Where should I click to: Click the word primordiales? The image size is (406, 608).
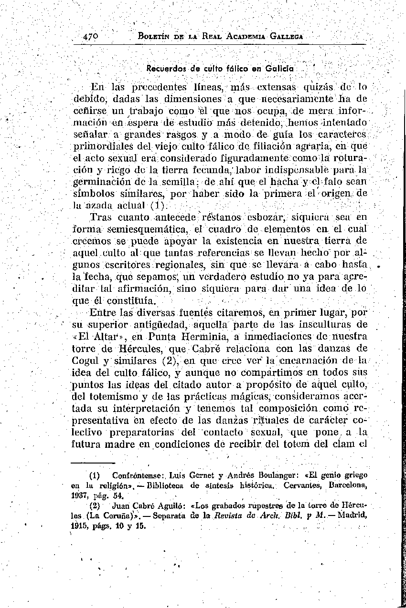coord(103,145)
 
